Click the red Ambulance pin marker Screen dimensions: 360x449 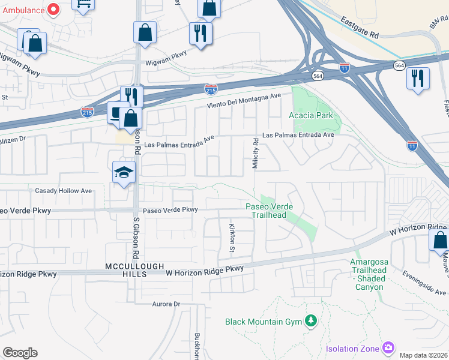[53, 9]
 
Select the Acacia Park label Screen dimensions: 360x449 [310, 115]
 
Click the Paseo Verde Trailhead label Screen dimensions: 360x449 [270, 211]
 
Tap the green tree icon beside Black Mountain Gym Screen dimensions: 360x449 [310, 321]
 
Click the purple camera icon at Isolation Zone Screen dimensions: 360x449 [388, 348]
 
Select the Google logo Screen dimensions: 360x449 [20, 353]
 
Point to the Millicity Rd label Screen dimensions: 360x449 [256, 154]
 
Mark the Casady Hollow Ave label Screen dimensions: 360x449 [63, 191]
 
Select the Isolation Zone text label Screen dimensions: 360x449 [352, 349]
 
